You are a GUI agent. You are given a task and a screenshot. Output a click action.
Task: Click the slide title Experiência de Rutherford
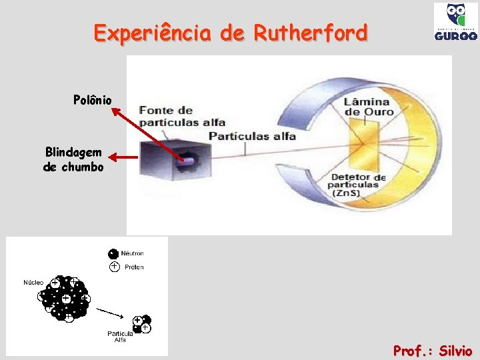pos(230,33)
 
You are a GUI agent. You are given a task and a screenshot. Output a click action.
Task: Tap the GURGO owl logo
pos(455,22)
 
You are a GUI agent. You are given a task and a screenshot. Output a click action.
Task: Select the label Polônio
pos(93,100)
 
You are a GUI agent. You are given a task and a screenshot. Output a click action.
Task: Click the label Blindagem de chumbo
pos(73,159)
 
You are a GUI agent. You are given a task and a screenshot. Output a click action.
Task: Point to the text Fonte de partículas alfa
pos(181,116)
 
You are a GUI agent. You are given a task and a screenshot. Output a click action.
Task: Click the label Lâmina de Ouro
pos(369,107)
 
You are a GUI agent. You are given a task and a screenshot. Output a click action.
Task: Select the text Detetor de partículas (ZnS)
pos(358,185)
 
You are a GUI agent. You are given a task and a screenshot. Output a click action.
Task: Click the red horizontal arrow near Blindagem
pos(123,158)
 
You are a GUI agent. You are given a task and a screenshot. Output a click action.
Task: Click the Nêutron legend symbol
pos(113,253)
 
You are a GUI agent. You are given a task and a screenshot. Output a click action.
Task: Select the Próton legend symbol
pos(114,267)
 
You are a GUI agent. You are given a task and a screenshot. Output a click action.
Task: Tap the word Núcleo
pos(33,283)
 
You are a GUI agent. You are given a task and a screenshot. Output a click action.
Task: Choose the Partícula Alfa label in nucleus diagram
pos(121,336)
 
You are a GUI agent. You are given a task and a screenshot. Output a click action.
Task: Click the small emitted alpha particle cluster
pos(141,324)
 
